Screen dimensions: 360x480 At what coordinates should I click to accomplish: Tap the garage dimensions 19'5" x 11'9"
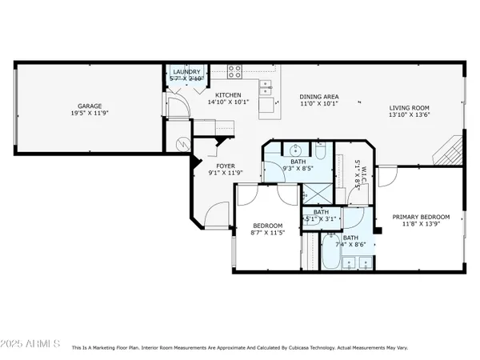coord(89,114)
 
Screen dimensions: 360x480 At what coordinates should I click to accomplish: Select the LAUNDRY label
coord(186,71)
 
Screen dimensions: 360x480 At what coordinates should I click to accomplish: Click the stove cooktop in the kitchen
coord(235,70)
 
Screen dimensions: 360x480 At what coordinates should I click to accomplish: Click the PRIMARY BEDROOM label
coord(421,217)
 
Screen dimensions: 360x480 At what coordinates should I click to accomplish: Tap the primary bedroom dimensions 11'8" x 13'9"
coord(421,226)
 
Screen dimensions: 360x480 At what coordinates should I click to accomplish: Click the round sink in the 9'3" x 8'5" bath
coord(294,150)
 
